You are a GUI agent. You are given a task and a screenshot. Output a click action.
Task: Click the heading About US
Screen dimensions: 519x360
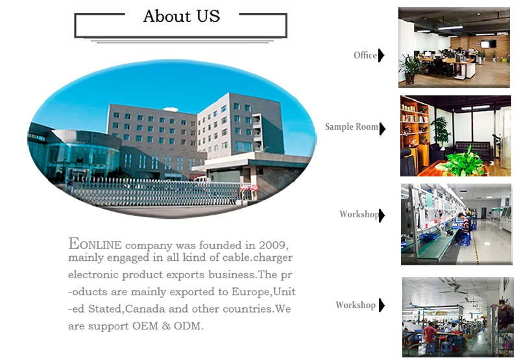pyautogui.click(x=182, y=16)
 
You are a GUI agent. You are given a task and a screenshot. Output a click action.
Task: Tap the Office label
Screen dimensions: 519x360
pyautogui.click(x=365, y=55)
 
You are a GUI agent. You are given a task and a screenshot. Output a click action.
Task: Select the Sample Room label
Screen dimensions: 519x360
pyautogui.click(x=352, y=126)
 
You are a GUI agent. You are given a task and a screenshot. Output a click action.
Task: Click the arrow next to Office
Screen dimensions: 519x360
pyautogui.click(x=381, y=55)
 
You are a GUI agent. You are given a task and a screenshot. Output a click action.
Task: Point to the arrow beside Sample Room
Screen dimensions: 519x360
pyautogui.click(x=383, y=128)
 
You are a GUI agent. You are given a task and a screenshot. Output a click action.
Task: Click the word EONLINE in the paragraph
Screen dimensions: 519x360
pyautogui.click(x=95, y=244)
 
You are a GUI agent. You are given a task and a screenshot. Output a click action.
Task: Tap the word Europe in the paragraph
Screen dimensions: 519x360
pyautogui.click(x=251, y=292)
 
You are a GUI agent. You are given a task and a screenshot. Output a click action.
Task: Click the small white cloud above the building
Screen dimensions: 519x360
pyautogui.click(x=171, y=109)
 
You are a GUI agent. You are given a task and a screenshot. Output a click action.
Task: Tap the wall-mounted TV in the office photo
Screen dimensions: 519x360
pyautogui.click(x=489, y=43)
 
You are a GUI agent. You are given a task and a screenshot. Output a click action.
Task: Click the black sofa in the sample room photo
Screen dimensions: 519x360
pyautogui.click(x=472, y=149)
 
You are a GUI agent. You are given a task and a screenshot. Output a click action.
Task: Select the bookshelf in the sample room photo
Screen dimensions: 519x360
pyautogui.click(x=415, y=136)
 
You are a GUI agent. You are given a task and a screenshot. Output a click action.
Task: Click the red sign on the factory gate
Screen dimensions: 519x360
pyautogui.click(x=249, y=187)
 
